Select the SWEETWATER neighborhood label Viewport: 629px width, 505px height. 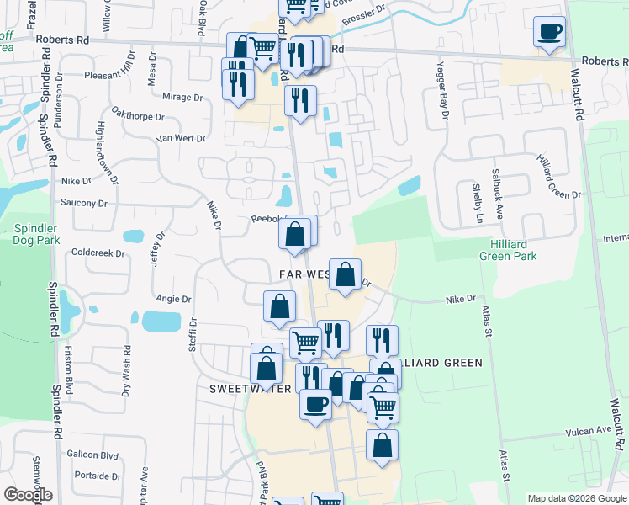[249, 390]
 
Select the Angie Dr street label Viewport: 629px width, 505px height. [174, 299]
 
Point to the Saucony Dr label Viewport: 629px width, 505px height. [84, 203]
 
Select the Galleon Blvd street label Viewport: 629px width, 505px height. [96, 454]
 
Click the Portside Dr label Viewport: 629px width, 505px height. [98, 476]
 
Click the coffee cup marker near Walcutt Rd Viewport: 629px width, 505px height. [549, 33]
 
